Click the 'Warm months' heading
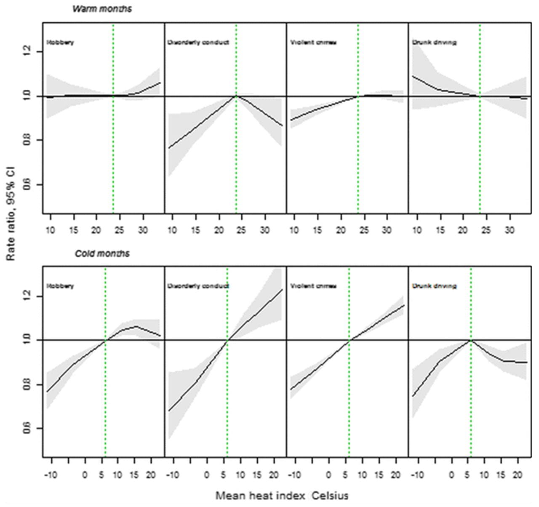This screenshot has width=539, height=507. (102, 9)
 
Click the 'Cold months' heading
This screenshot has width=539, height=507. (102, 253)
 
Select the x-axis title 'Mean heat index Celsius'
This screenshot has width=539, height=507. (282, 496)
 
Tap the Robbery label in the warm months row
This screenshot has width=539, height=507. (60, 43)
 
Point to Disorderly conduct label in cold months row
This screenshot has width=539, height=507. (198, 286)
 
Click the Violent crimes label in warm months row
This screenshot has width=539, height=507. (313, 43)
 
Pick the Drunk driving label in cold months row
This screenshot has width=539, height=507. (434, 286)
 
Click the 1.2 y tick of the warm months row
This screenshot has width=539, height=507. (27, 52)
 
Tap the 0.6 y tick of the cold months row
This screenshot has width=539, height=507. (27, 429)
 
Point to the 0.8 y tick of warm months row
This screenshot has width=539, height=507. (27, 140)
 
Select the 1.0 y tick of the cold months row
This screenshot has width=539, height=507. (27, 340)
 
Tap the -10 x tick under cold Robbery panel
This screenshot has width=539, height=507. (50, 475)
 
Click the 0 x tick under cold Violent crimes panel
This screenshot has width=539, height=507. (328, 475)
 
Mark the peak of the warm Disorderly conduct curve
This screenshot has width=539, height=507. (236, 96)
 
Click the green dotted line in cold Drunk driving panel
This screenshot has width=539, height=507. (471, 400)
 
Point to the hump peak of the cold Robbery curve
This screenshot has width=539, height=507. (136, 326)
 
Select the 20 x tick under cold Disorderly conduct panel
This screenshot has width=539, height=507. (273, 475)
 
